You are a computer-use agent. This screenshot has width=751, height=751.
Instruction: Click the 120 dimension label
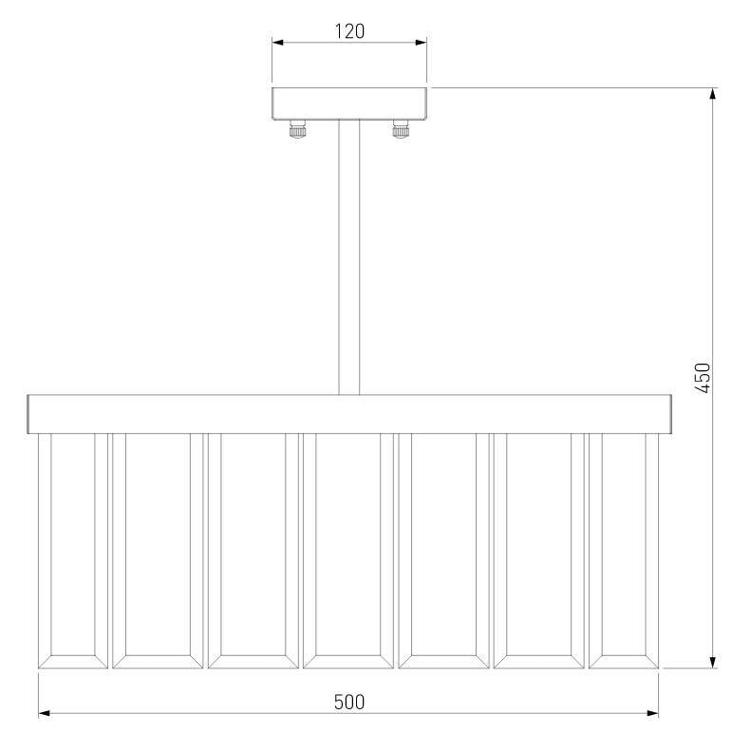(x=349, y=31)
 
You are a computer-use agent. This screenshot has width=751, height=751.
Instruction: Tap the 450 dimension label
(x=703, y=378)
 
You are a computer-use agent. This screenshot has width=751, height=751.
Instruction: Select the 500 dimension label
(x=349, y=703)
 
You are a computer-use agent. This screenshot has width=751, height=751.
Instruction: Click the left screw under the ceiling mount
(x=297, y=129)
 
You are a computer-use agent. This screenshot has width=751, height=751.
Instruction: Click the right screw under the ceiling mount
(x=401, y=129)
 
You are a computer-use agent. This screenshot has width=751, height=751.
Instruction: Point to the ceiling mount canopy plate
(x=349, y=103)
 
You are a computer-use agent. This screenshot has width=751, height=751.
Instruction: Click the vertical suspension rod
(x=349, y=257)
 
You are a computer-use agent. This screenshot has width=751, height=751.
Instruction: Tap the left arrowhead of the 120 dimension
(x=278, y=43)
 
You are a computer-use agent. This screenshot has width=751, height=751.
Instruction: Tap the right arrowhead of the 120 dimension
(x=421, y=43)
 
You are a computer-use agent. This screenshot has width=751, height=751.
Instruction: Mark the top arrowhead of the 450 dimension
(x=713, y=94)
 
